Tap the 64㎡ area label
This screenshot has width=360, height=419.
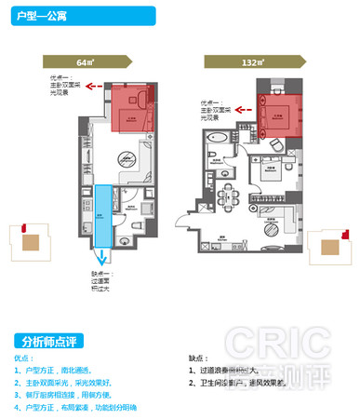[x=87, y=61]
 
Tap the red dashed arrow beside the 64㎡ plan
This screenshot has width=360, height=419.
[x=92, y=91]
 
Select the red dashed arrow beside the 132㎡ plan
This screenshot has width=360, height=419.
[x=243, y=110]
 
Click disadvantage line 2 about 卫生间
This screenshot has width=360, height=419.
[x=246, y=382]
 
